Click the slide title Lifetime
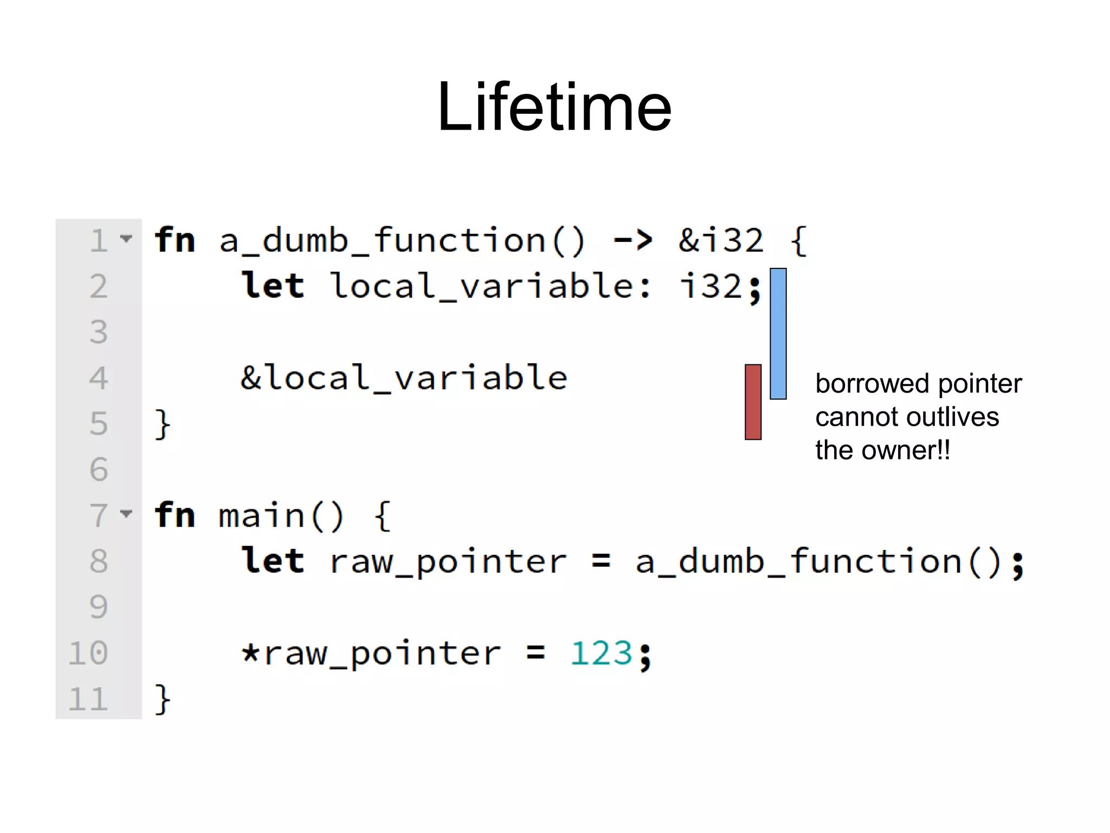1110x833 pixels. click(x=554, y=106)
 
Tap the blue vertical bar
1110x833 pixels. click(x=778, y=334)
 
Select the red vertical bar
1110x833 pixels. click(x=753, y=402)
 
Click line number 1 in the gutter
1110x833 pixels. click(x=99, y=240)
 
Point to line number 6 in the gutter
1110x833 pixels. click(x=99, y=469)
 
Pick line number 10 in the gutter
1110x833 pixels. click(x=88, y=653)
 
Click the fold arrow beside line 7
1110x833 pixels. click(x=126, y=513)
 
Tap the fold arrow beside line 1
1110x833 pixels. click(x=126, y=238)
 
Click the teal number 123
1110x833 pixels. click(x=601, y=653)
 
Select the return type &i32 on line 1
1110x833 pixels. click(x=721, y=240)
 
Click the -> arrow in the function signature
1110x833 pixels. click(x=633, y=240)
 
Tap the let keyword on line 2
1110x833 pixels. click(x=273, y=286)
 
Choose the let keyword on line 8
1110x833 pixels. click(x=273, y=561)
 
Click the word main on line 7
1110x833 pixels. click(x=261, y=515)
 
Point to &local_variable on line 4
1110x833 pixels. click(x=404, y=377)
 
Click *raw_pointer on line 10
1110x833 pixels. click(x=371, y=653)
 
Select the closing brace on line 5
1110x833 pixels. click(x=163, y=424)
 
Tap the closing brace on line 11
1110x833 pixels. click(x=163, y=699)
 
